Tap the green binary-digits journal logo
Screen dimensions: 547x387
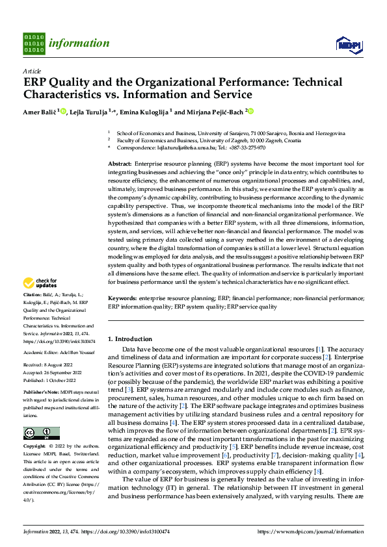tap(34, 43)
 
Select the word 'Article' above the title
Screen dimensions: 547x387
tap(32, 70)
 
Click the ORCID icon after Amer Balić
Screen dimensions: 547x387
tap(62, 111)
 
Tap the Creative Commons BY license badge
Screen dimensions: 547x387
tap(42, 433)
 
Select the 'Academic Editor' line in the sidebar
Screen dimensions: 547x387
tap(59, 351)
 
